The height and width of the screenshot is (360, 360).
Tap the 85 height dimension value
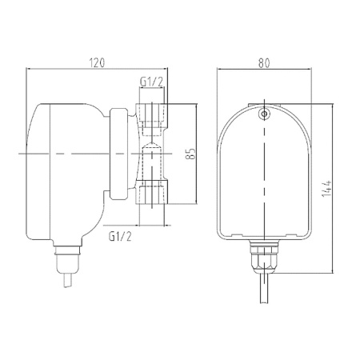pos(190,153)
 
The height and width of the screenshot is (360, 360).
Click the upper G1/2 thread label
pos(153,83)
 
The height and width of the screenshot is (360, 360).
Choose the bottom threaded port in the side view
pos(154,192)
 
